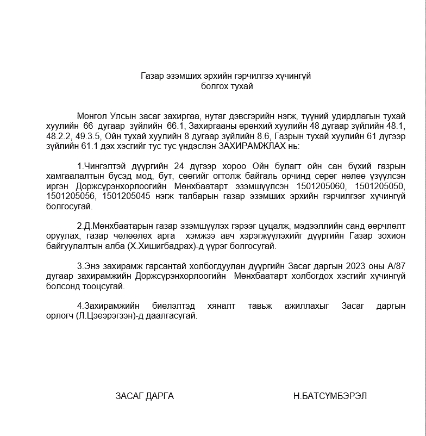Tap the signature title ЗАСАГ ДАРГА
point(145,396)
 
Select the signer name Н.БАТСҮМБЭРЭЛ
point(330,396)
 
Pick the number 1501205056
point(70,196)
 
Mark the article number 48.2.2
point(58,136)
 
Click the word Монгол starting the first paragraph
point(93,116)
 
